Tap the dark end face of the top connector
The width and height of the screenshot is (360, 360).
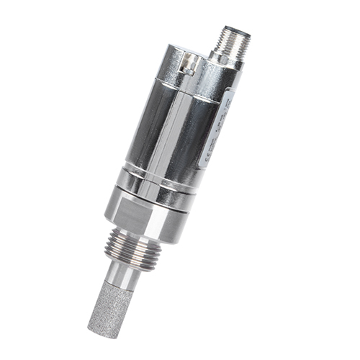coord(230,32)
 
